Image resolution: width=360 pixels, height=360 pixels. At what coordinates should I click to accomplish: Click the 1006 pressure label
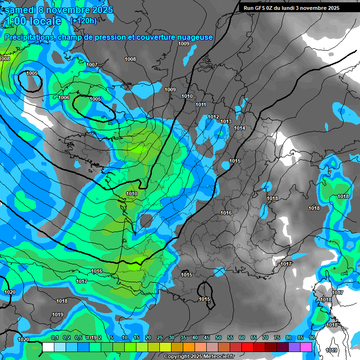tap(64, 97)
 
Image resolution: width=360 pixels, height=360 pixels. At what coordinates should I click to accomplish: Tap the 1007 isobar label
tap(92, 65)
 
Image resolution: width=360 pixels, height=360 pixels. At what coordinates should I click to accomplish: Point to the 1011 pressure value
tap(201, 105)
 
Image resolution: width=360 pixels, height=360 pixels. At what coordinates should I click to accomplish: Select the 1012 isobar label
tap(213, 117)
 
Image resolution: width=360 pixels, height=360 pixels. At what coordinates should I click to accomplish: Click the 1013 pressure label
tap(226, 121)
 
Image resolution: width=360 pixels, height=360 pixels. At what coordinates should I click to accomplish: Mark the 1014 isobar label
tap(240, 128)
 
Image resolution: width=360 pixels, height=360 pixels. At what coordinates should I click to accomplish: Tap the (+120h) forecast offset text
tap(83, 21)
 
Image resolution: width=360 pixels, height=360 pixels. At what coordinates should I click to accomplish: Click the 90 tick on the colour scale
tap(312, 337)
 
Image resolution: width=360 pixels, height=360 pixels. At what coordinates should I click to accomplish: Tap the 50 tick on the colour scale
tap(218, 337)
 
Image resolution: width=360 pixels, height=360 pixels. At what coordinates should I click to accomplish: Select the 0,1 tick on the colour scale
tap(55, 337)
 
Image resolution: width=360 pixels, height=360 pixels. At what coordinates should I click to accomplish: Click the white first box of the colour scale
tap(48, 347)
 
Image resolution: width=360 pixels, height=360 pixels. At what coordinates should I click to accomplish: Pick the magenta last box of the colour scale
tap(306, 347)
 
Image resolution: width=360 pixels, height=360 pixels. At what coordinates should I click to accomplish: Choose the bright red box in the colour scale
tap(247, 347)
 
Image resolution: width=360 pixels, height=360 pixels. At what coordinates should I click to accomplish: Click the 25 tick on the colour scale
tap(160, 337)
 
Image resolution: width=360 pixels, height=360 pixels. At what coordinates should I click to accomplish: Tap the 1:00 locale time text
tap(33, 21)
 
